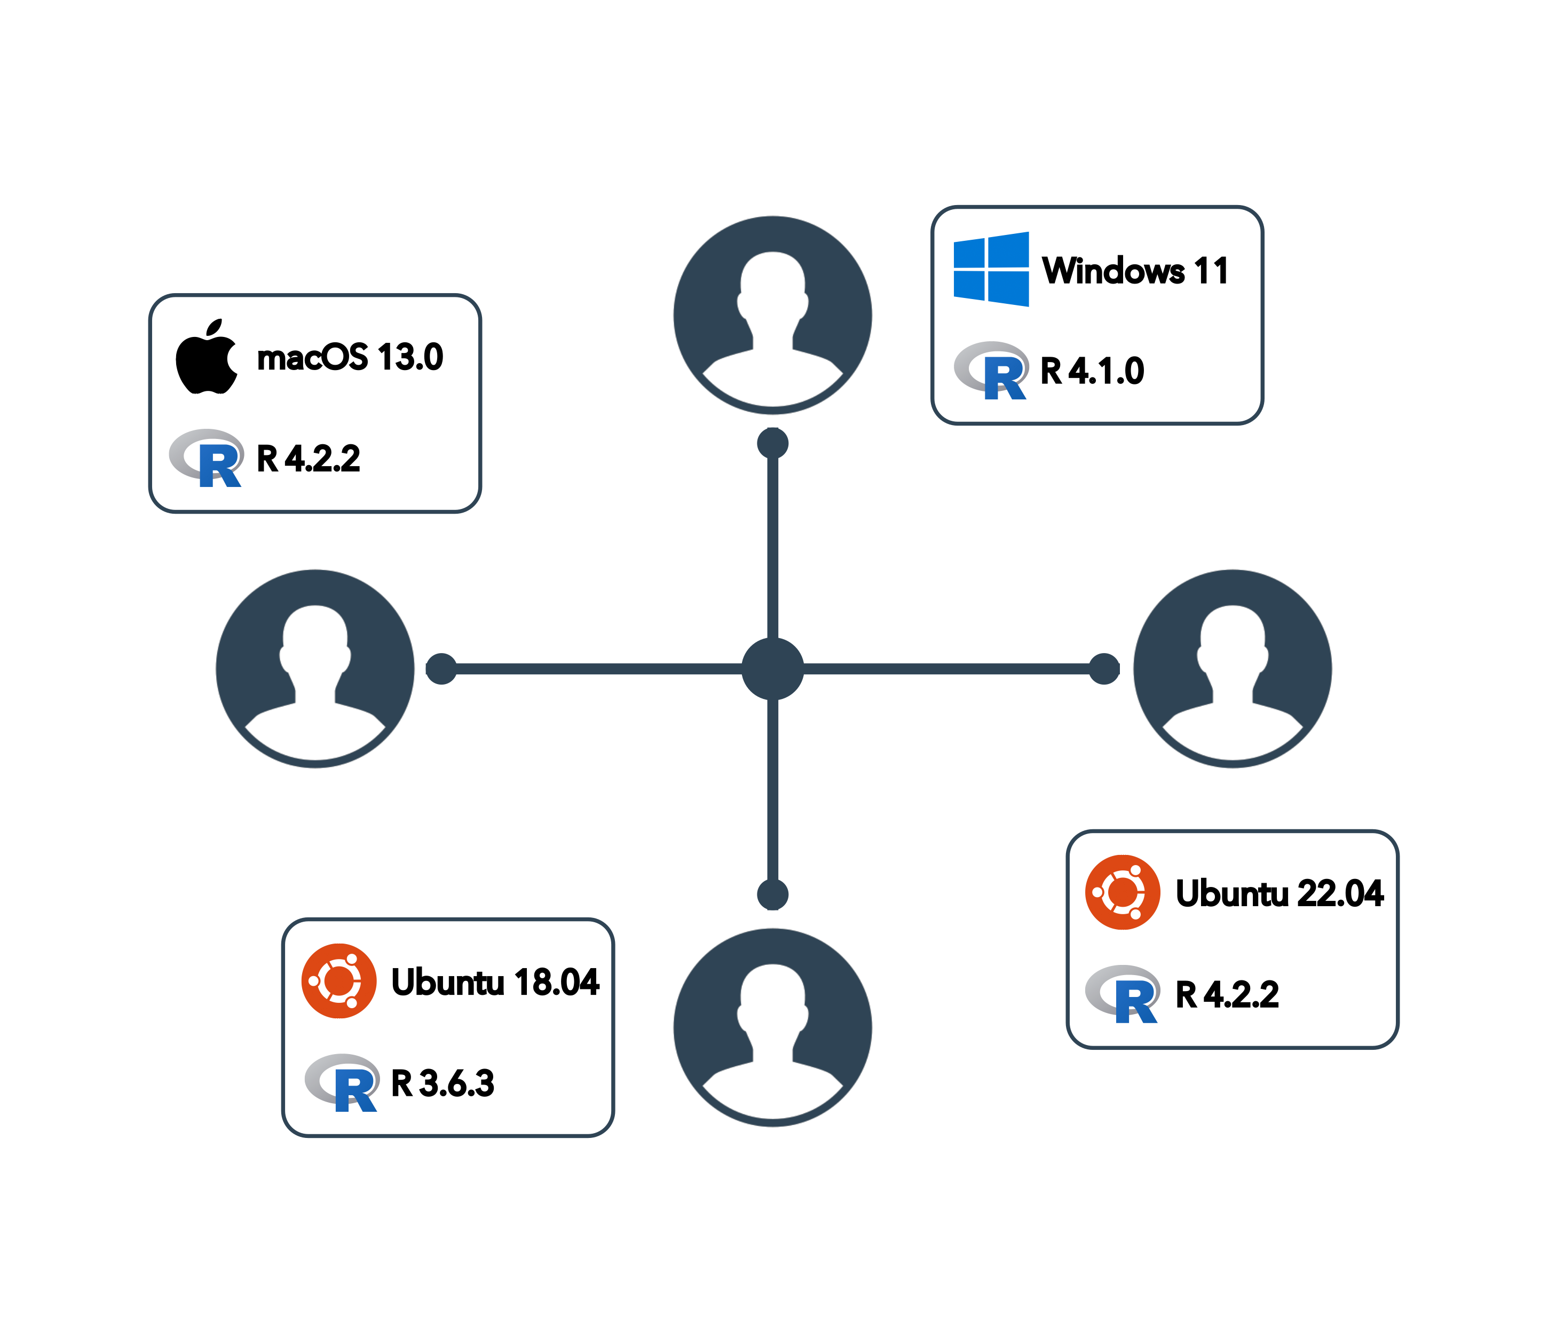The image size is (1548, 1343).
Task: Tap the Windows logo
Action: point(991,270)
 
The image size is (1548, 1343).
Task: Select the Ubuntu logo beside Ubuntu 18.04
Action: point(338,981)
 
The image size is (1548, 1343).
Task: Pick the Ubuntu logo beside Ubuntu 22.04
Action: point(1123,893)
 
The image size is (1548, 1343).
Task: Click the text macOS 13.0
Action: point(350,357)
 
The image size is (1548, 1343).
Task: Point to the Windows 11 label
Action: point(1134,271)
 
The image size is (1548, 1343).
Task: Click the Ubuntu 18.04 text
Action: point(494,982)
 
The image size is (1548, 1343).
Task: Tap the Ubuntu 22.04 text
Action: point(1279,893)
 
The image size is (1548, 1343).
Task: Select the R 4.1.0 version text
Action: point(1093,371)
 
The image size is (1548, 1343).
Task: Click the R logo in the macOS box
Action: point(207,458)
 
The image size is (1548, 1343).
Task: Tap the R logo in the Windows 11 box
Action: point(991,370)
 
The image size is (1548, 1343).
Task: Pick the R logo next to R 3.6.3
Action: point(342,1082)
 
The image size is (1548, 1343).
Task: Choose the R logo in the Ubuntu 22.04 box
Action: point(1123,994)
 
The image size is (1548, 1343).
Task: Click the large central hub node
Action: point(772,669)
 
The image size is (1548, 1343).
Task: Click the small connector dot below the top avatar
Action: point(772,443)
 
